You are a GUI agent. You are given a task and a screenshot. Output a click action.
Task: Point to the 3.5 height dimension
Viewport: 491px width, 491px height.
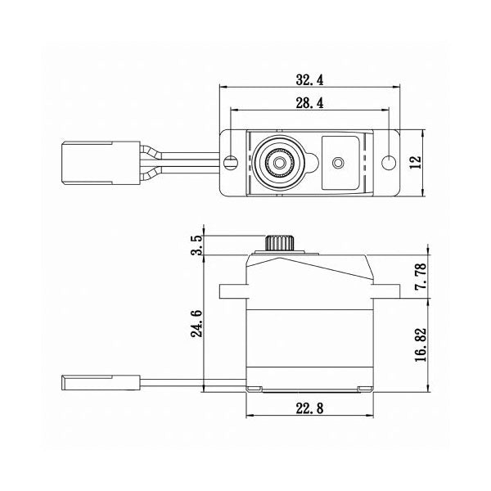click(193, 244)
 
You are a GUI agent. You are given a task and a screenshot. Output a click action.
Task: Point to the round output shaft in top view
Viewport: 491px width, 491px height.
click(279, 163)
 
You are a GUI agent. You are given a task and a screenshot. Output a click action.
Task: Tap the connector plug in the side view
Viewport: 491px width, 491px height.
click(88, 381)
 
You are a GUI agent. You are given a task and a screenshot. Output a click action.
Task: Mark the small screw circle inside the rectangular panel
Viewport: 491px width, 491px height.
click(336, 163)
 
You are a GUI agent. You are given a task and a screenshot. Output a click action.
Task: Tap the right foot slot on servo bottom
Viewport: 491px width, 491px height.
click(361, 386)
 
